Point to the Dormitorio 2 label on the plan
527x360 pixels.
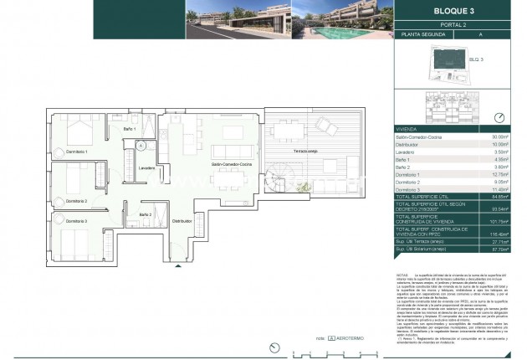[74, 202]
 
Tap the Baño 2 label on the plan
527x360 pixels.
[146, 215]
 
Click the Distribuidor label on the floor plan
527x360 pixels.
[182, 221]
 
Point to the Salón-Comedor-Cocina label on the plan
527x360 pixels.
[232, 164]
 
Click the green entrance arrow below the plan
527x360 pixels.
[177, 266]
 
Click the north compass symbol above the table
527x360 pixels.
[500, 117]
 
